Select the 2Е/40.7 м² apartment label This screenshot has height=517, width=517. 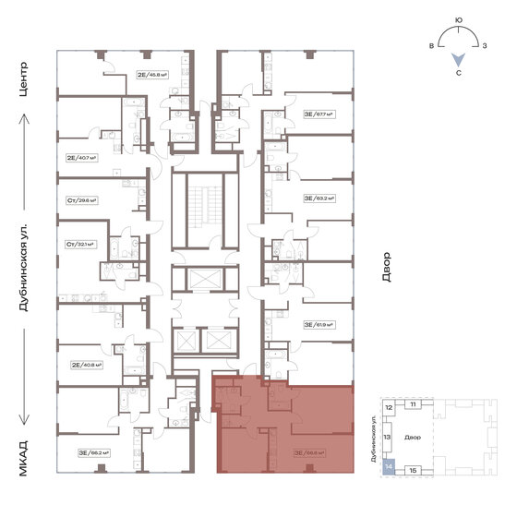coord(82,158)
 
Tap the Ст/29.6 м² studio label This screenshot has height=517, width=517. coord(81,199)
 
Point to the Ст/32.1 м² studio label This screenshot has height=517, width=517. coord(81,245)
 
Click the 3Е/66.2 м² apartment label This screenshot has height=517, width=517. coord(94,453)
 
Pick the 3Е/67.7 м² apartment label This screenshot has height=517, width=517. coord(319,115)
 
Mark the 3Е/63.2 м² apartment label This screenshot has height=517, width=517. coord(319,198)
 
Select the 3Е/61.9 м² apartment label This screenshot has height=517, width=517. coord(319,325)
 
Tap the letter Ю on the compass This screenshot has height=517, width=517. coord(460,18)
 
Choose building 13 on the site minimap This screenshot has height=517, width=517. coord(389,436)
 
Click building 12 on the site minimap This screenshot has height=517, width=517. coord(389,407)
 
